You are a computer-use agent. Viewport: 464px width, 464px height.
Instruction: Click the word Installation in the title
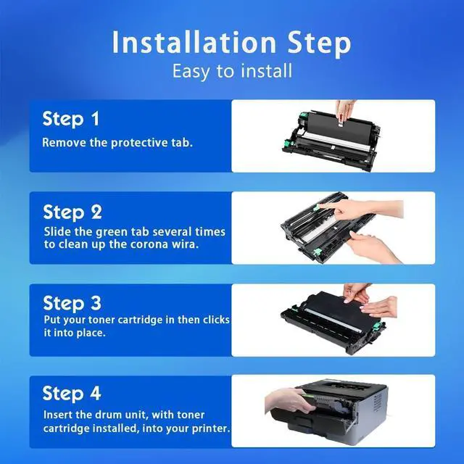pyautogui.click(x=194, y=42)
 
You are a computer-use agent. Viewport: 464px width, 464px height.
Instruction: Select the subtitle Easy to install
pyautogui.click(x=232, y=71)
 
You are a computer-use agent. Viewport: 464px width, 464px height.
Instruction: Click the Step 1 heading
pyautogui.click(x=71, y=119)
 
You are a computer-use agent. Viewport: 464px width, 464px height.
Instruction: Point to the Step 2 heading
pyautogui.click(x=72, y=212)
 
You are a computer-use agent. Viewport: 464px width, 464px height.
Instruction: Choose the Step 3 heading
pyautogui.click(x=72, y=303)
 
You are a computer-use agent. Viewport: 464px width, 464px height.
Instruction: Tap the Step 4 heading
pyautogui.click(x=72, y=394)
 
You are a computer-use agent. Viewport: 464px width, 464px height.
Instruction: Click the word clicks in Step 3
pyautogui.click(x=216, y=320)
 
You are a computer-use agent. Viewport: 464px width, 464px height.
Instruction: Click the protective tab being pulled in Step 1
pyautogui.click(x=340, y=122)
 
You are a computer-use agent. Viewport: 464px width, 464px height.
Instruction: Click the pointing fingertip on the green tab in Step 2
pyautogui.click(x=320, y=206)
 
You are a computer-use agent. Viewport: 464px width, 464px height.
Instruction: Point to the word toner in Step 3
pyautogui.click(x=103, y=320)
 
